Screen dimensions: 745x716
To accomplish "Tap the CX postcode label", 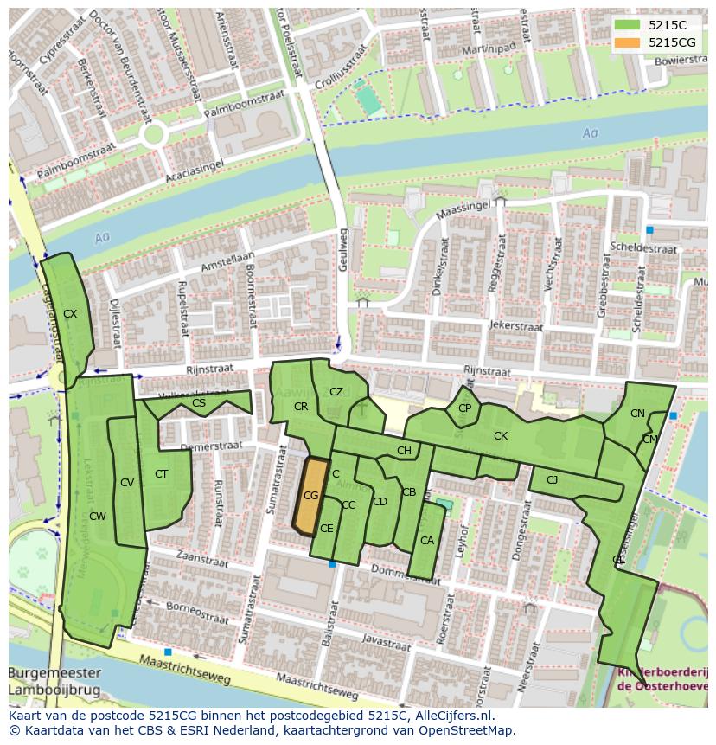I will [x=70, y=314].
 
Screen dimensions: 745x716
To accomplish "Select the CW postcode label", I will [x=98, y=517].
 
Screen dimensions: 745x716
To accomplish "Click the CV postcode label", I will [x=127, y=483].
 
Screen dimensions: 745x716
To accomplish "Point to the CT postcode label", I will [x=161, y=473].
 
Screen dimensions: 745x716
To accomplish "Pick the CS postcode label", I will [x=199, y=403].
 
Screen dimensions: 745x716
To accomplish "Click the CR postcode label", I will [x=301, y=406].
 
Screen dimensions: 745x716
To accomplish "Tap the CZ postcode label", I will [x=336, y=392].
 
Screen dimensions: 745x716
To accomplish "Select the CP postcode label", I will [x=465, y=408].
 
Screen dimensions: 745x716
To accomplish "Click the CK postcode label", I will [x=500, y=436].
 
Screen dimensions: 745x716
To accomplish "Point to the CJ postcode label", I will [x=552, y=479].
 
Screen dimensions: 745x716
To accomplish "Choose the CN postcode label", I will [x=637, y=414].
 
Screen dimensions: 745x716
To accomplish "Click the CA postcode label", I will [x=426, y=541].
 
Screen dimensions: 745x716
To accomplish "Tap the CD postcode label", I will [x=380, y=501].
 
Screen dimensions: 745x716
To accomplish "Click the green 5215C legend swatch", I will [x=627, y=25].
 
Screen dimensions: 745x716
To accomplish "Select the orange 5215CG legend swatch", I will [x=627, y=42].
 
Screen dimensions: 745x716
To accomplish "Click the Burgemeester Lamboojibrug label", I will [x=54, y=681].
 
